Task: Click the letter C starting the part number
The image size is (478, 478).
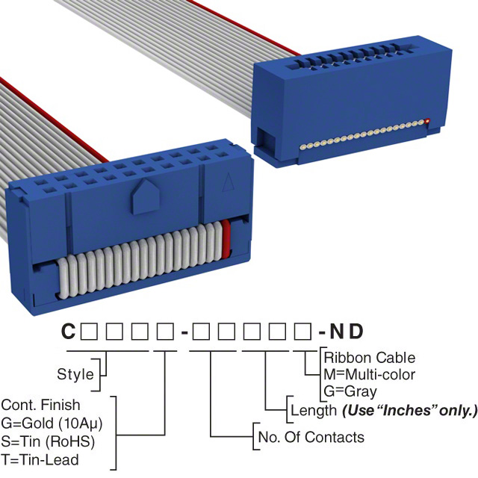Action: [68, 332]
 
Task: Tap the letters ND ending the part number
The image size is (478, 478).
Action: [347, 332]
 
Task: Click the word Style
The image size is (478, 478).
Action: [75, 374]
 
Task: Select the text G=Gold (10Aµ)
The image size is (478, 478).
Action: [52, 423]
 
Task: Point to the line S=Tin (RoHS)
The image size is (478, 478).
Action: [48, 441]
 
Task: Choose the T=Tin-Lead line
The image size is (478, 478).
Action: [40, 460]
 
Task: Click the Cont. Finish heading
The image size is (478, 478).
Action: [40, 405]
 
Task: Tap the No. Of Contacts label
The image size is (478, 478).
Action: [311, 437]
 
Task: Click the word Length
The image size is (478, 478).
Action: [314, 410]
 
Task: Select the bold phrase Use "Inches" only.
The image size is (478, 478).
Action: [409, 411]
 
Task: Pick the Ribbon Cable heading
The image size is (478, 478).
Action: [370, 358]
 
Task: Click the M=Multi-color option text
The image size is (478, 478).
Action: [370, 374]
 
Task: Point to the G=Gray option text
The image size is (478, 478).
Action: [350, 391]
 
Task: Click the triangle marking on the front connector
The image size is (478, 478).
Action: [229, 182]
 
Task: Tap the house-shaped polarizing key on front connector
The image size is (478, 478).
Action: [146, 196]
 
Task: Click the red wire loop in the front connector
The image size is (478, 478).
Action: [226, 239]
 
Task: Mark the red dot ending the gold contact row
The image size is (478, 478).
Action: [427, 120]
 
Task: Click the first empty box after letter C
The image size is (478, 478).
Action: [89, 332]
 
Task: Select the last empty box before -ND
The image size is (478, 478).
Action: [302, 332]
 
